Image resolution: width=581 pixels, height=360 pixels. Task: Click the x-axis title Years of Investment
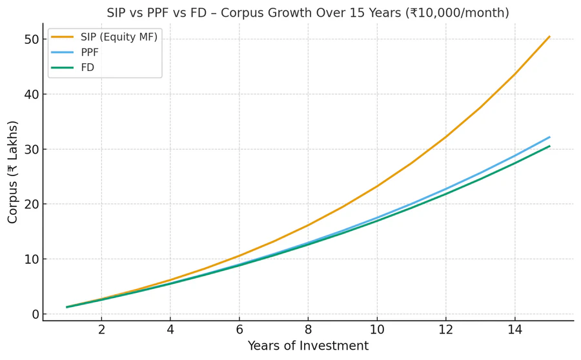click(x=308, y=346)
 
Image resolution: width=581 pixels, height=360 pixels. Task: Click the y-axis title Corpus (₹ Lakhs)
click(x=13, y=172)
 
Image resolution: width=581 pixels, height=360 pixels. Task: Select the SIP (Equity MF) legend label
click(x=119, y=37)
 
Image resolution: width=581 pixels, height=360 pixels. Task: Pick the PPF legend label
click(x=90, y=52)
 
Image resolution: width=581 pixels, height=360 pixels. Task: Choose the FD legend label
click(x=87, y=67)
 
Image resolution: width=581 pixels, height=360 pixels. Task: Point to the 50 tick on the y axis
click(x=31, y=39)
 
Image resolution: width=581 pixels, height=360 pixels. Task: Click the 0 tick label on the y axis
click(x=35, y=314)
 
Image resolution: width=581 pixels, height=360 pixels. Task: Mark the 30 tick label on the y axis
click(x=31, y=149)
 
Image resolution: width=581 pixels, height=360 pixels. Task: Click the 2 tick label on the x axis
click(x=101, y=330)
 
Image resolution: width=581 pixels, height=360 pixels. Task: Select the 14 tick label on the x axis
click(x=515, y=330)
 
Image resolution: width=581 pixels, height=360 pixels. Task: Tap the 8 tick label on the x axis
click(x=308, y=330)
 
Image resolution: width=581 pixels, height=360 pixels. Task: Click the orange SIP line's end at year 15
click(x=549, y=37)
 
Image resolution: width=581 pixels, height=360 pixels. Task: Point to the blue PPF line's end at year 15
click(x=549, y=137)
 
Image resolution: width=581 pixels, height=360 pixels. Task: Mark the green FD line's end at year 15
click(x=549, y=146)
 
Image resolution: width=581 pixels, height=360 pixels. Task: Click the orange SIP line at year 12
click(x=445, y=137)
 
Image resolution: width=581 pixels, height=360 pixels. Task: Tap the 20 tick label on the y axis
click(x=31, y=204)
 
